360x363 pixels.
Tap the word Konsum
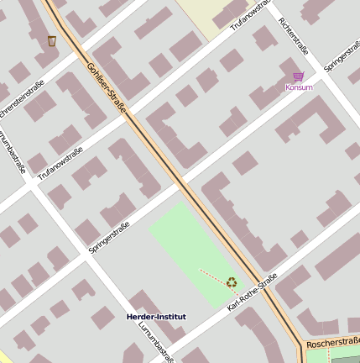pyautogui.click(x=299, y=87)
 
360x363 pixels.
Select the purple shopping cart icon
pyautogui.click(x=299, y=76)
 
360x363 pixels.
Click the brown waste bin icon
pyautogui.click(x=52, y=41)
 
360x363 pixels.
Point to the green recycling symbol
pyautogui.click(x=232, y=282)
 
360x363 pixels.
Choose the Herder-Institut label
pyautogui.click(x=156, y=317)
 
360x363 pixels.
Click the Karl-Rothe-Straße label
pyautogui.click(x=252, y=297)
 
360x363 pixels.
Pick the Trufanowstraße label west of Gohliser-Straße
pyautogui.click(x=60, y=162)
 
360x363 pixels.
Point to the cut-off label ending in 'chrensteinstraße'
pyautogui.click(x=21, y=100)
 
